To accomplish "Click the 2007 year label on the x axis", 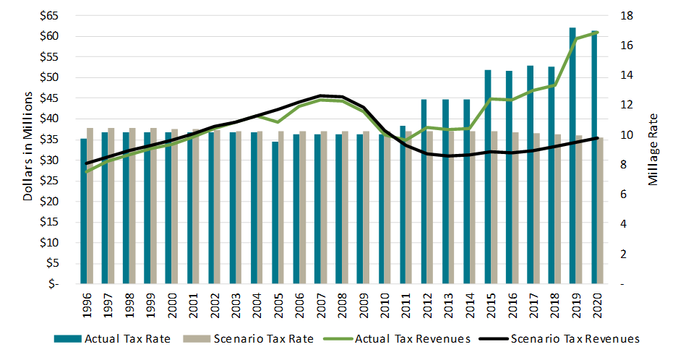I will [x=321, y=306].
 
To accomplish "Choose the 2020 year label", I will [x=598, y=306].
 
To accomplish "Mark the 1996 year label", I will [x=87, y=306].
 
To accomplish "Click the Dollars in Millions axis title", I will [x=28, y=147].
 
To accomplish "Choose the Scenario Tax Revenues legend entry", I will [x=565, y=338].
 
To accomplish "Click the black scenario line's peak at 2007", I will [x=321, y=95].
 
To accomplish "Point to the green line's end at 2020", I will [x=597, y=33].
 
